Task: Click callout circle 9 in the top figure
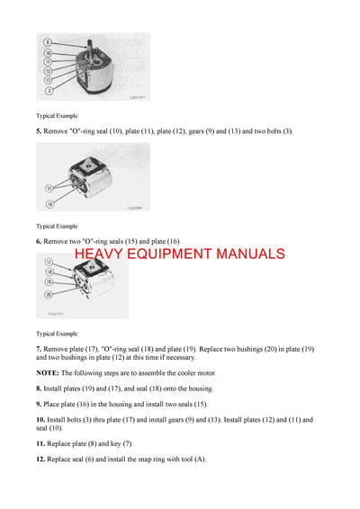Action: (47, 42)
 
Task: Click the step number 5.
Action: (39, 131)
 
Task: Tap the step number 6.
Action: (39, 241)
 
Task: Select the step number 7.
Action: (39, 348)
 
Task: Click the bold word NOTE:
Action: (48, 372)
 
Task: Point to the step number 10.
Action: (40, 420)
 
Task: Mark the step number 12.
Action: (40, 459)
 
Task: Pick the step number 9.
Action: (39, 405)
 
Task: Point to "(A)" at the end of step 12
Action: (199, 459)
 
